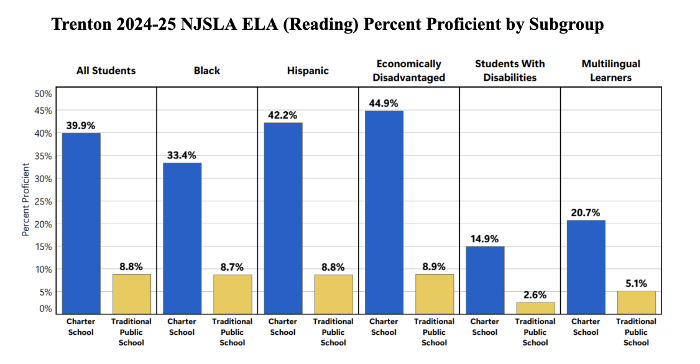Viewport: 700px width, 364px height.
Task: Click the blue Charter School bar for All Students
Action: (81, 224)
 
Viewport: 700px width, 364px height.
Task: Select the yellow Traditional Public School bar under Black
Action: (233, 294)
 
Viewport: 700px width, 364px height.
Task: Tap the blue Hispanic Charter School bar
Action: (283, 218)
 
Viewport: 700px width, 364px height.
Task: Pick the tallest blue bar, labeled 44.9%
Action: (384, 212)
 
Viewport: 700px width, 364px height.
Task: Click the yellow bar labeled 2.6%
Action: (535, 307)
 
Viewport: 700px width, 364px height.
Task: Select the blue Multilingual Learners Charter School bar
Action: (586, 267)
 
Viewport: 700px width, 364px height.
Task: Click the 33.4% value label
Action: (182, 155)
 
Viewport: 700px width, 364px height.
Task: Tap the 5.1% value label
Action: (636, 284)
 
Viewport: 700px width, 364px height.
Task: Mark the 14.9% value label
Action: (485, 239)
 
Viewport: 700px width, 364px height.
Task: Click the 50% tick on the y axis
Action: (43, 94)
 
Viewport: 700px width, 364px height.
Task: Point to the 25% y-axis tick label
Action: (43, 201)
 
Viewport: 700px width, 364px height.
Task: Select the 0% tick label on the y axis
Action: (45, 309)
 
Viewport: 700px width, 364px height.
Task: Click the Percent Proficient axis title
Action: (26, 199)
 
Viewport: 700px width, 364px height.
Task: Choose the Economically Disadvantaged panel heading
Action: (409, 70)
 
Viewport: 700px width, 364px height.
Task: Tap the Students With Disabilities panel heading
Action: (510, 70)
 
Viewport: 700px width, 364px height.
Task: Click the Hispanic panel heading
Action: (308, 71)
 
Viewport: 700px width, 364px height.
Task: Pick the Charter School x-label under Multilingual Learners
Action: (586, 327)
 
